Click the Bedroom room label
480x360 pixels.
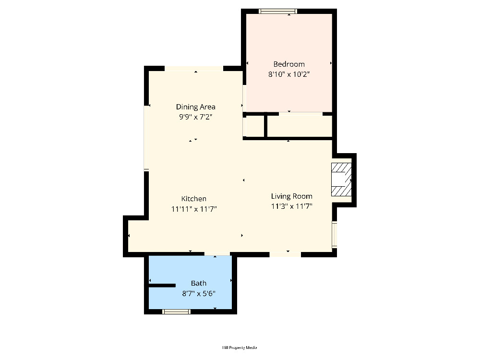288,64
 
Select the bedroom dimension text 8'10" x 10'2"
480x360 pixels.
289,74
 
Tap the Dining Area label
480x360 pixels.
195,107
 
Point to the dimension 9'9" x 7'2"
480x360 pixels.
195,117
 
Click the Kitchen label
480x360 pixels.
193,199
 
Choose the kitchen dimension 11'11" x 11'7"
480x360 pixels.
194,209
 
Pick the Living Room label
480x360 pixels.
291,196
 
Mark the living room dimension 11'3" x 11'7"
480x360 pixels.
291,206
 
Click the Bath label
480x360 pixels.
198,283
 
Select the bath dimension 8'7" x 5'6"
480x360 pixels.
199,294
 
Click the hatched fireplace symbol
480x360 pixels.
341,180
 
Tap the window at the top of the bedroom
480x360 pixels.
278,12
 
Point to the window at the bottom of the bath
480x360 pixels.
176,312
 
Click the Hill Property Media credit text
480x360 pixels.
240,348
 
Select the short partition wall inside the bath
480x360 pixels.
162,286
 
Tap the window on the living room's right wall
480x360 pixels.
335,235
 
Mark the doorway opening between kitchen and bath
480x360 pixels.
217,254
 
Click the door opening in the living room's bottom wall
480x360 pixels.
285,254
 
